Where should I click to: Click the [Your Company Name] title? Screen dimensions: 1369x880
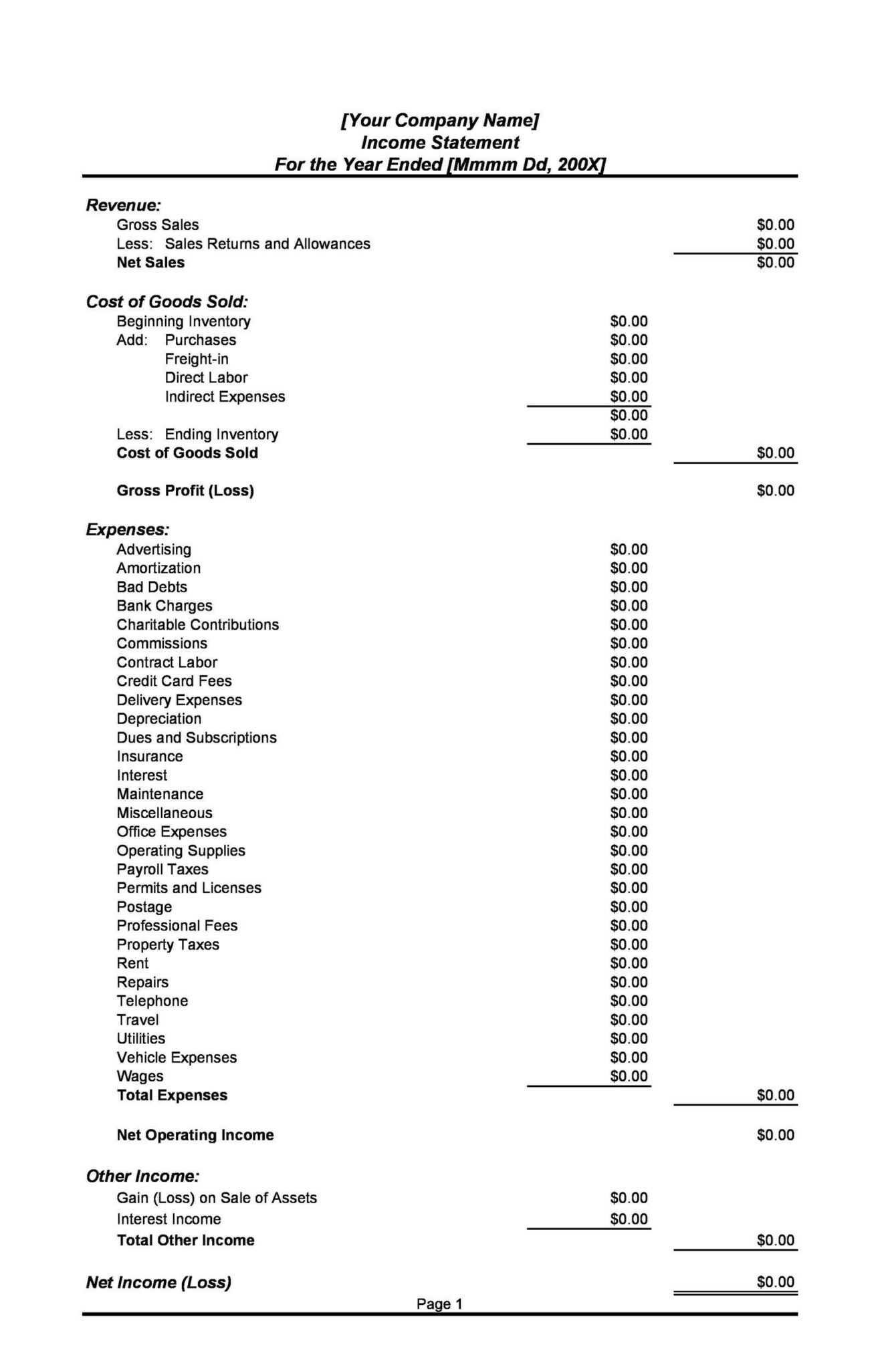tap(439, 120)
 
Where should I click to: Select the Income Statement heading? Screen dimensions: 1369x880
tap(439, 142)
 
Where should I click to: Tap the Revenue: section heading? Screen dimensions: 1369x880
tap(123, 205)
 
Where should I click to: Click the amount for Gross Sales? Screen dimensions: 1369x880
tap(775, 225)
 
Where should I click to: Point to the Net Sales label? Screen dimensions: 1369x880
tap(150, 263)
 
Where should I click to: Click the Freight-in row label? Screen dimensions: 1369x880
tap(197, 359)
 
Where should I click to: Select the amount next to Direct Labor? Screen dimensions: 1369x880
tap(629, 378)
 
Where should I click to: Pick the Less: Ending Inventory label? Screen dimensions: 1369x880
tap(197, 434)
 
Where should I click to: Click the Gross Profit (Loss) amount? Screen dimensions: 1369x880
tap(775, 491)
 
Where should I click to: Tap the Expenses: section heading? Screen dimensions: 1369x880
tap(127, 530)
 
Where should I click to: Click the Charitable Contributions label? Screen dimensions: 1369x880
tap(197, 625)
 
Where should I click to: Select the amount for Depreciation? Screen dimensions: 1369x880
tap(629, 719)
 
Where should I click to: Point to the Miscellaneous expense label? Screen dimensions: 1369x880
tap(164, 814)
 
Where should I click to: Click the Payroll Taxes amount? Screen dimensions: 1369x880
tap(629, 870)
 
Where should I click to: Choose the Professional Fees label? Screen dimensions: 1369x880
tap(177, 926)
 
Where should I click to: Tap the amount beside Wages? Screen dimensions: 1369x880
tap(629, 1076)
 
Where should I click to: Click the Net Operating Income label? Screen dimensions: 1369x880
tap(195, 1135)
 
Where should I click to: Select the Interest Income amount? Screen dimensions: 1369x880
tap(629, 1219)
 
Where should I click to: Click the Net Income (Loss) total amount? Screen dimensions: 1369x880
tap(775, 1282)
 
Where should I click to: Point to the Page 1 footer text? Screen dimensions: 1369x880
tap(439, 1303)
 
